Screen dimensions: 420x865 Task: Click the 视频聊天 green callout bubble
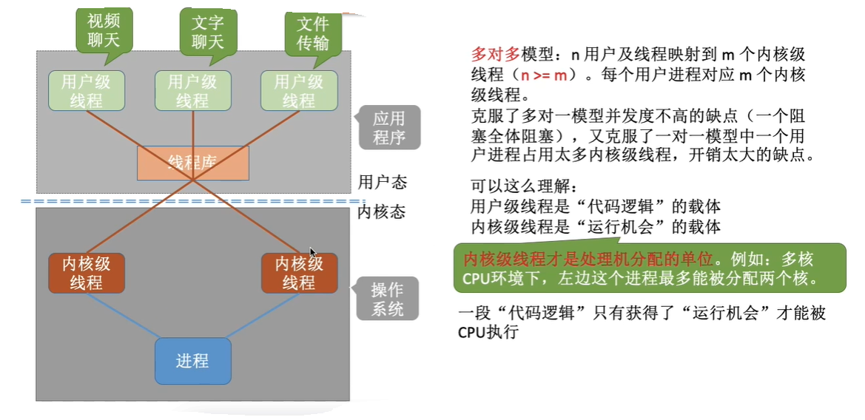[104, 30]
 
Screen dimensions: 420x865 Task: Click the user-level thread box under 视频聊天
[87, 91]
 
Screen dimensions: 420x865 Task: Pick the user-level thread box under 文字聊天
[192, 91]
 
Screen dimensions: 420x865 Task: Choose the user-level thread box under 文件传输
[299, 91]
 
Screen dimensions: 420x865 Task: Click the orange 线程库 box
[192, 163]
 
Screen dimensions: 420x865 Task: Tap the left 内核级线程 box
[87, 273]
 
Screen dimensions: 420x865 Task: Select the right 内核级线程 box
[299, 273]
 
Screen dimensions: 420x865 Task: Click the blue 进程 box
[192, 361]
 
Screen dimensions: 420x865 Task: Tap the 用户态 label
[382, 182]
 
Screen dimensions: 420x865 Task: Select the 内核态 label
[382, 212]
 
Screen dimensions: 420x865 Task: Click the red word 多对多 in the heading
[495, 55]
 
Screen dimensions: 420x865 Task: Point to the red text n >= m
[544, 75]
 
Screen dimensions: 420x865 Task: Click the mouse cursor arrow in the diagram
[313, 251]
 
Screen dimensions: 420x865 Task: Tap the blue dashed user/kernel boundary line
[192, 201]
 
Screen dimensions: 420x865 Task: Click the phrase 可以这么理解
[522, 185]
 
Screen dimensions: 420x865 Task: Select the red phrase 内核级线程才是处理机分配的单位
[588, 260]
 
